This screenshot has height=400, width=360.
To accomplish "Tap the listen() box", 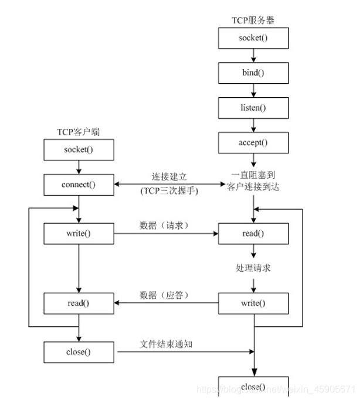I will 253,108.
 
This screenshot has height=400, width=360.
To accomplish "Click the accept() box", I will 253,142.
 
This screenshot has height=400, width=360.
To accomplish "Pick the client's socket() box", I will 78,149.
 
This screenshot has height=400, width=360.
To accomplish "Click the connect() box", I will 78,184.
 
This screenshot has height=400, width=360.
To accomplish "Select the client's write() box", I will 78,234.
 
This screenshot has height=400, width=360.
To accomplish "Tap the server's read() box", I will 253,234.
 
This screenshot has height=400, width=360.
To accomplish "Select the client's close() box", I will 78,352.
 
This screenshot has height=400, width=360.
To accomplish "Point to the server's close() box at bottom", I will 253,388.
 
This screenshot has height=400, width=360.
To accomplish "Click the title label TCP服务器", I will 253,20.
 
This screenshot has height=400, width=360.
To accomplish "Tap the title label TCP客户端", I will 78,132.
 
